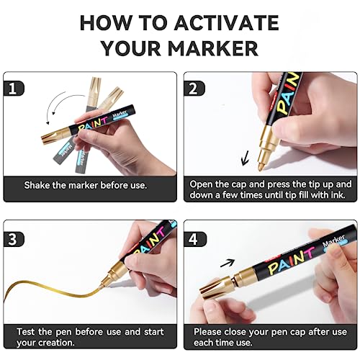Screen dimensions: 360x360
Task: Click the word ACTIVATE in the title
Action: (227, 23)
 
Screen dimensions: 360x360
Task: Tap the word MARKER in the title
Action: (213, 48)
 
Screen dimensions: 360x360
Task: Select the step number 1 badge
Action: (14, 89)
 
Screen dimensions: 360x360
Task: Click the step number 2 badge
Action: (194, 89)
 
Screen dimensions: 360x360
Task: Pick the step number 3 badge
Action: (14, 239)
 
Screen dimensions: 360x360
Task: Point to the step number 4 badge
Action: (195, 239)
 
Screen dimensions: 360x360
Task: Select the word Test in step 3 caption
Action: (26, 332)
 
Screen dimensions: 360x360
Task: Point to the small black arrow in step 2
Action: (246, 158)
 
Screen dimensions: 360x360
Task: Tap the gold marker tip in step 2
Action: (261, 166)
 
